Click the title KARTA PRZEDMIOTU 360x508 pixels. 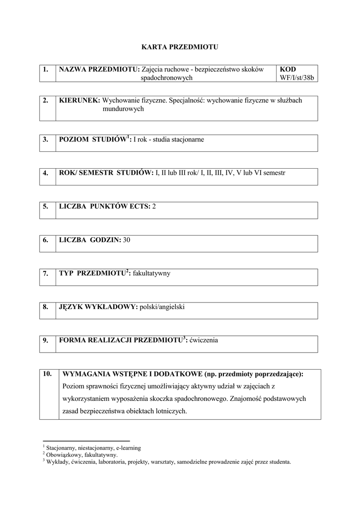click(180, 48)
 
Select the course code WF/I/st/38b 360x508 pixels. click(298, 78)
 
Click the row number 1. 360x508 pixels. click(45, 69)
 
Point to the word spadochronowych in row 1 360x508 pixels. click(166, 78)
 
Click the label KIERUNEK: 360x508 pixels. click(79, 100)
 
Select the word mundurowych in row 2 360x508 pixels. click(123, 109)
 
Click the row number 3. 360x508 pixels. click(45, 139)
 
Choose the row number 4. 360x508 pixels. click(45, 173)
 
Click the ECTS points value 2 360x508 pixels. click(154, 206)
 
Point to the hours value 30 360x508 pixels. click(127, 240)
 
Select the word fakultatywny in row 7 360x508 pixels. click(151, 273)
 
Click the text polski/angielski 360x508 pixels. click(162, 307)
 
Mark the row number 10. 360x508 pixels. click(47, 374)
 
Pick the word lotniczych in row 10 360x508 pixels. click(171, 411)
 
